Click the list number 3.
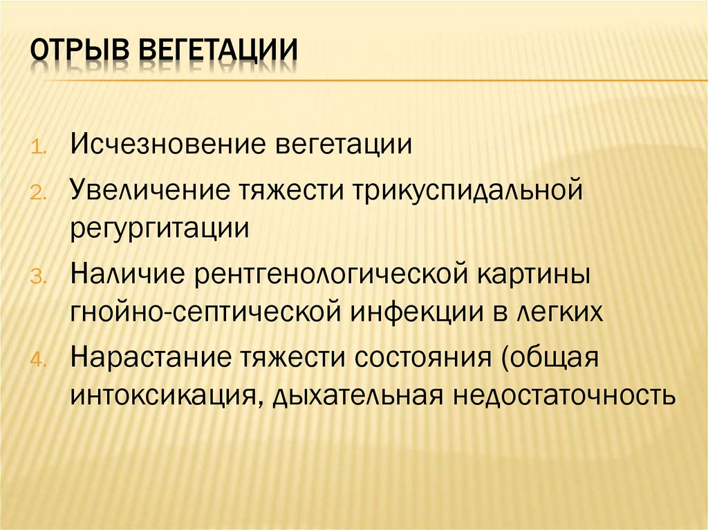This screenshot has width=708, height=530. point(37,278)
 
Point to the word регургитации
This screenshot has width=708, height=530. point(159,227)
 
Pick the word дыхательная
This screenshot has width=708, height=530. point(353,397)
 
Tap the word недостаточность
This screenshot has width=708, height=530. point(553,397)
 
